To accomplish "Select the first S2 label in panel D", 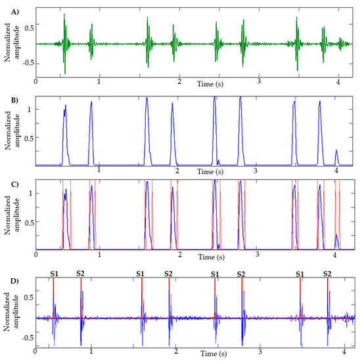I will pyautogui.click(x=80, y=273).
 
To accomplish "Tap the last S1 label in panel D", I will pyautogui.click(x=301, y=273).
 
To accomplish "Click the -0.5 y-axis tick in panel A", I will pyautogui.click(x=28, y=64).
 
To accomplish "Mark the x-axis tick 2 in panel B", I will pyautogui.click(x=177, y=171).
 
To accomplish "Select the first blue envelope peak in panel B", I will pyautogui.click(x=64, y=107).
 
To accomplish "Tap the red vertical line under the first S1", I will pyautogui.click(x=53, y=295).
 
